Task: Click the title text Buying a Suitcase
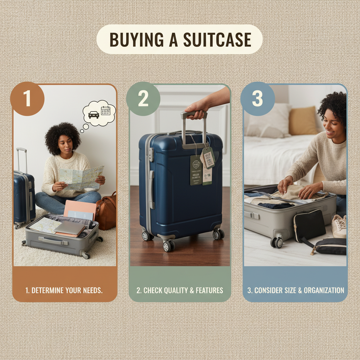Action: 180,39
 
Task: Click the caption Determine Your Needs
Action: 64,290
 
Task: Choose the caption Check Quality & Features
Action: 180,290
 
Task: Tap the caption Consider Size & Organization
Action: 295,290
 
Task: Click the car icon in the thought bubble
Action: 94,115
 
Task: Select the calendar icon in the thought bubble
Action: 105,111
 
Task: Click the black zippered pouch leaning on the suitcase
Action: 309,225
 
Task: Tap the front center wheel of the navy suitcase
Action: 168,245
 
